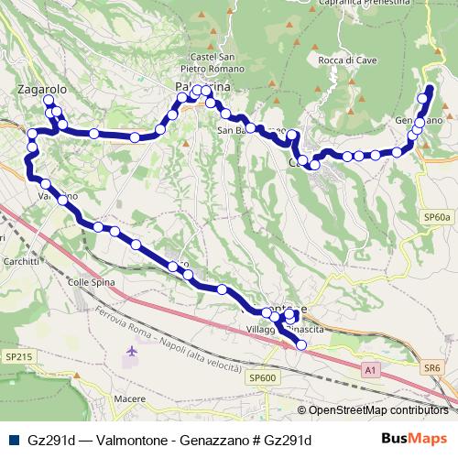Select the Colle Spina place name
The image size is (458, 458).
click(x=92, y=282)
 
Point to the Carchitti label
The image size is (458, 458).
click(x=20, y=261)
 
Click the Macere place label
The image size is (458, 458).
click(x=131, y=398)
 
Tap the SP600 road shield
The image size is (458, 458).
click(x=262, y=377)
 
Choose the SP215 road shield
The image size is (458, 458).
click(x=18, y=354)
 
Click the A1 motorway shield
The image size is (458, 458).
click(x=369, y=370)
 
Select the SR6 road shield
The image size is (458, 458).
click(x=432, y=368)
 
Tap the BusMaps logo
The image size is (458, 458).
click(x=413, y=439)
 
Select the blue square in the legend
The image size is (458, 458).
click(x=13, y=440)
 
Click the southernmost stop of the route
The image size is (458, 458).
click(x=300, y=344)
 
